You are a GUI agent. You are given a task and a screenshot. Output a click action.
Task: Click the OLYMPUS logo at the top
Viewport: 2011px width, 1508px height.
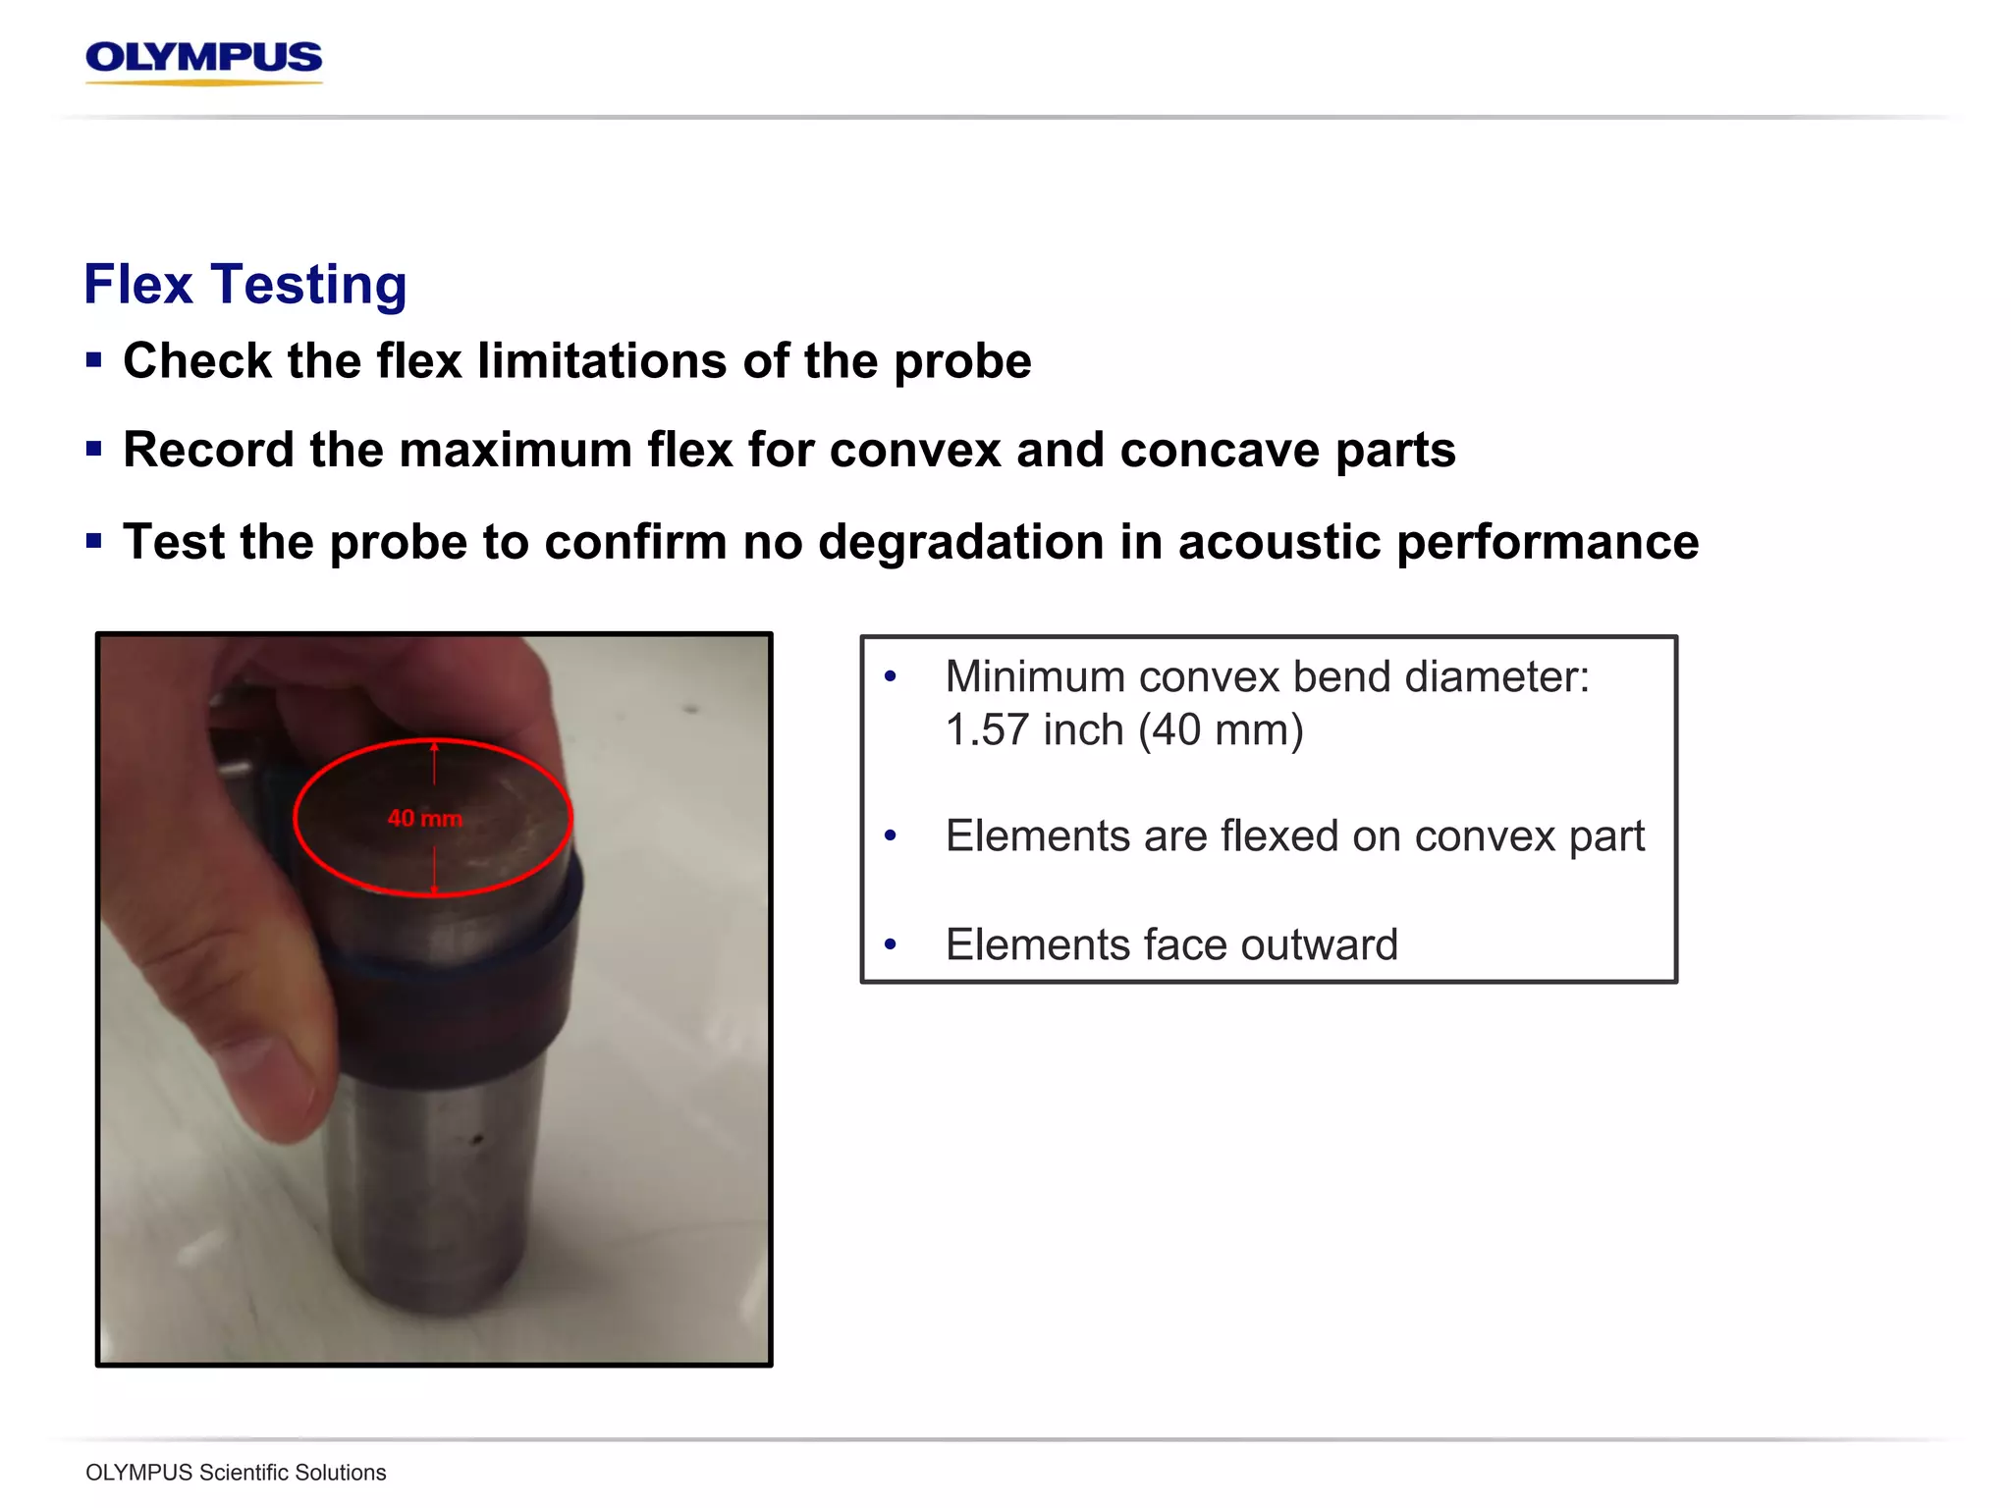click(204, 60)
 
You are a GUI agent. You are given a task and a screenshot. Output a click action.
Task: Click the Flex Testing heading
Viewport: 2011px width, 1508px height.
click(245, 285)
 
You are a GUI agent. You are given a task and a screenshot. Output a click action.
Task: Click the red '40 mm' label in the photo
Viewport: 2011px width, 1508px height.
click(424, 818)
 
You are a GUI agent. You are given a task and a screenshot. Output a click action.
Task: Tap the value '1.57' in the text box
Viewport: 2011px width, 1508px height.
click(986, 730)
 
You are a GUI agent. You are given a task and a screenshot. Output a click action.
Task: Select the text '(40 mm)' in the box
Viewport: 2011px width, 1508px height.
click(1222, 730)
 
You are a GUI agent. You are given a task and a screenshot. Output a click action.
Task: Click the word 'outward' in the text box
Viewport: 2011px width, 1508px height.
click(1320, 944)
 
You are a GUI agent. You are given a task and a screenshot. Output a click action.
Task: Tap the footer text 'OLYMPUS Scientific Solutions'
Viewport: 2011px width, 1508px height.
click(236, 1473)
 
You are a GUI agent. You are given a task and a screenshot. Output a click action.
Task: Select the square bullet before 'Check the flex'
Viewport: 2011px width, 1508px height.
click(94, 360)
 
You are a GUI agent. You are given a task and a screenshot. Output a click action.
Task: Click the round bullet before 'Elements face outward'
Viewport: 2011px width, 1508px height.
click(891, 944)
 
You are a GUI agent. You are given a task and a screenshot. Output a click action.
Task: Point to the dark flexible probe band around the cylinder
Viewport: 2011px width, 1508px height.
click(462, 1011)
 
